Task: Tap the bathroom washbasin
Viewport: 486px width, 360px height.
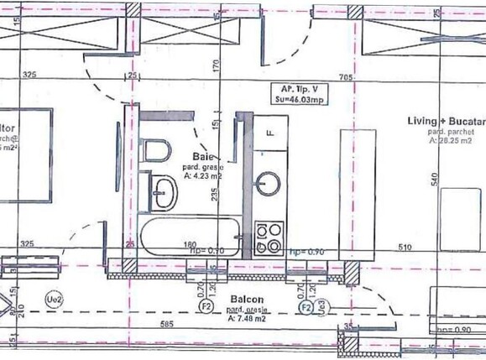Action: tap(161, 190)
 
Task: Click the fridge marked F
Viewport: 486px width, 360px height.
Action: tap(271, 133)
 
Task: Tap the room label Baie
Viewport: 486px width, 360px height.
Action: tap(202, 157)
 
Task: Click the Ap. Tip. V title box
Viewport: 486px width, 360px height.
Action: tap(299, 93)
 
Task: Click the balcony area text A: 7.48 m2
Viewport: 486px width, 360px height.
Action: tap(247, 319)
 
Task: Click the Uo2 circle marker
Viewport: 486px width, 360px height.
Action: tap(52, 299)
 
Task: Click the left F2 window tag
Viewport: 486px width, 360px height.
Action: tap(206, 308)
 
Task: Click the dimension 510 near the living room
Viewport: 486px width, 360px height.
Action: tap(404, 248)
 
